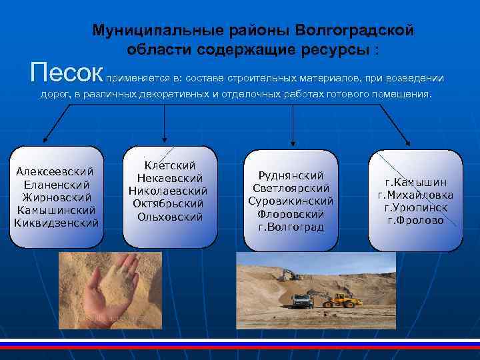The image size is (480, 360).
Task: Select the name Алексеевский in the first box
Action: [55, 171]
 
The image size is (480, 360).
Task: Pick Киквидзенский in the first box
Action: [56, 222]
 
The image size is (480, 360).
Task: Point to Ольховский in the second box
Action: [169, 216]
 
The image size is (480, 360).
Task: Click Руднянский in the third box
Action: [291, 175]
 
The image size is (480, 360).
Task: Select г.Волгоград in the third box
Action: [291, 227]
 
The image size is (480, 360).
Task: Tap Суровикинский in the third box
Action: [291, 201]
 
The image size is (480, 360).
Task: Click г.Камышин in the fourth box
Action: [415, 182]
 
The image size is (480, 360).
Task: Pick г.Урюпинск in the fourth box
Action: [415, 207]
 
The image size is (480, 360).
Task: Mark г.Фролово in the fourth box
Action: [415, 220]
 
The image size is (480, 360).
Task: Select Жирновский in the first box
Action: [55, 197]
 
